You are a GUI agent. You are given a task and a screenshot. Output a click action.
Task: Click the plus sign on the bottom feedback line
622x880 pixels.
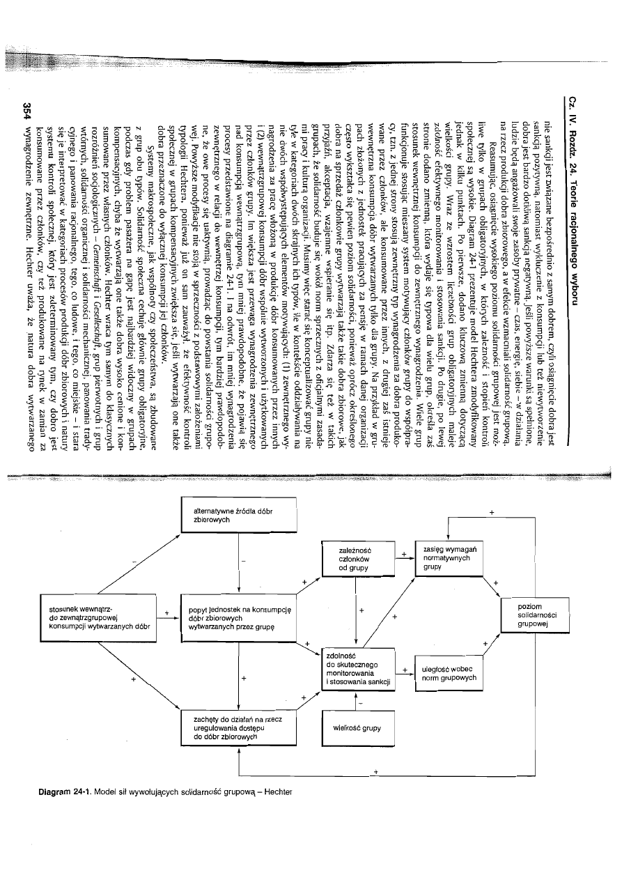pos(376,772)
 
